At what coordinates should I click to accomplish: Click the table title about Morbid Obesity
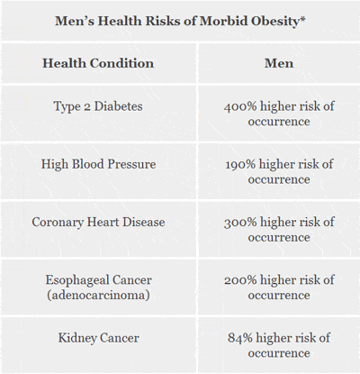pos(180,21)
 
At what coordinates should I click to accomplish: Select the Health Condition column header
pos(98,64)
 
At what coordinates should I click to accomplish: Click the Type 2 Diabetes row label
pos(98,106)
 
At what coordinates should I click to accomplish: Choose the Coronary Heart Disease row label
pos(98,222)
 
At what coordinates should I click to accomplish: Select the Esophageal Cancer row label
pos(98,279)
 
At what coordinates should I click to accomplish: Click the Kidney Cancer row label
pos(98,338)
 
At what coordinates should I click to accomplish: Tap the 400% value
pos(240,106)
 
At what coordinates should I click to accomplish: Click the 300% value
pos(240,222)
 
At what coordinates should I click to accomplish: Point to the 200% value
pos(240,279)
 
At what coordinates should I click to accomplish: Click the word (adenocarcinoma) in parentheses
pos(98,295)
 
